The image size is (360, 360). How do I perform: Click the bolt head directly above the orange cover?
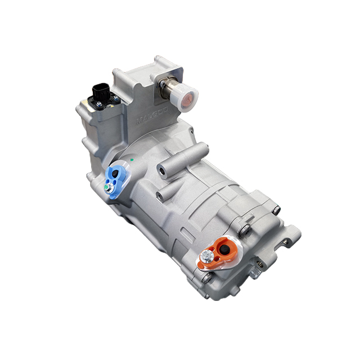[x=243, y=229]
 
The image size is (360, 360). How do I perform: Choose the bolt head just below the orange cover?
[x=207, y=276]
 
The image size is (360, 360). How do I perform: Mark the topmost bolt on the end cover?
[x=276, y=210]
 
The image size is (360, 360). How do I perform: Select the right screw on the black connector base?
[x=114, y=98]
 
